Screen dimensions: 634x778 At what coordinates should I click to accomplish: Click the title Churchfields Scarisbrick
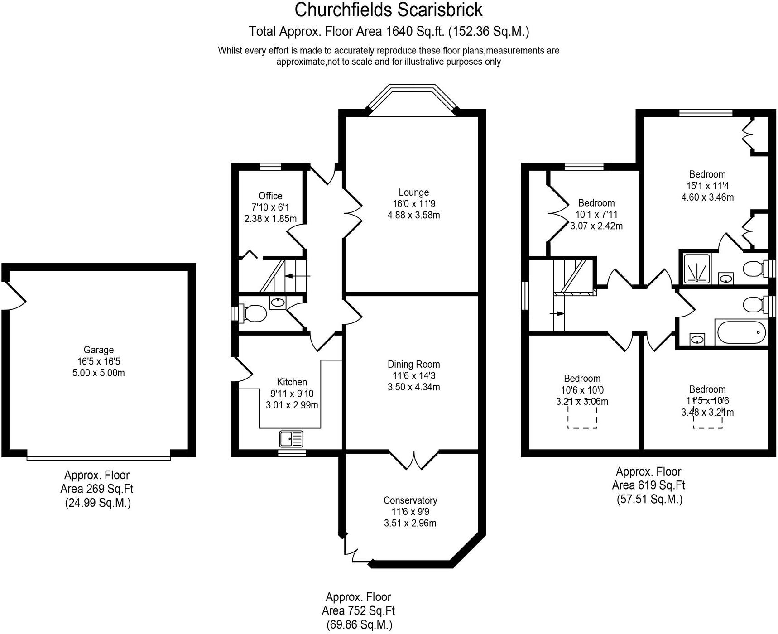(x=389, y=10)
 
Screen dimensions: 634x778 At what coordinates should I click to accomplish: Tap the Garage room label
(x=98, y=350)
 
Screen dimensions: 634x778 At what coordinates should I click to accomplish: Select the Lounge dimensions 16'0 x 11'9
(x=413, y=204)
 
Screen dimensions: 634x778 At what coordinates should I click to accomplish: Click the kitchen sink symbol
(x=291, y=439)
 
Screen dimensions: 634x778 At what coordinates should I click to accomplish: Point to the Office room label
(x=270, y=196)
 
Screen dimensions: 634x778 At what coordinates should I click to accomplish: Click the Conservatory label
(x=410, y=500)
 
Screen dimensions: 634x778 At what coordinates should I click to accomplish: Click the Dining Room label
(x=413, y=365)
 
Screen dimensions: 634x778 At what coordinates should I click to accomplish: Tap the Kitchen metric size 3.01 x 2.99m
(x=292, y=405)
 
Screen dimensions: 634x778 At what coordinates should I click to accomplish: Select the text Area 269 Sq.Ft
(x=97, y=489)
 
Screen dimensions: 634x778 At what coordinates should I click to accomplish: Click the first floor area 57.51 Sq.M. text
(x=649, y=500)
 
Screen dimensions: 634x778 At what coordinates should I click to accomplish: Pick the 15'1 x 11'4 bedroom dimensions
(x=707, y=186)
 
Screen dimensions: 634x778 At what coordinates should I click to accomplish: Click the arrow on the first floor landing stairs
(x=557, y=313)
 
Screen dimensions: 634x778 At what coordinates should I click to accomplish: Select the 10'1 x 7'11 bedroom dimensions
(x=596, y=215)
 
